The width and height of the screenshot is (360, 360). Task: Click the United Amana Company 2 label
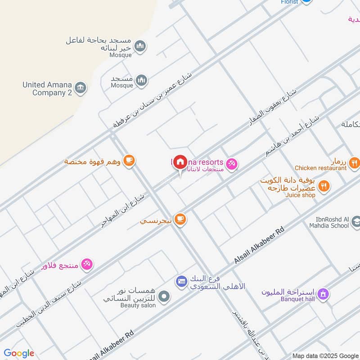pos(47,89)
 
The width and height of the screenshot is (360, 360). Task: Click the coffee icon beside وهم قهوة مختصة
pos(129,160)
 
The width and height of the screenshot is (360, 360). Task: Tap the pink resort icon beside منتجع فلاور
pos(87,264)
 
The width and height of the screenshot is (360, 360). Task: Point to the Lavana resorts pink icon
pos(232,163)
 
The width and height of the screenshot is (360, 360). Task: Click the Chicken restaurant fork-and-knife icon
pos(354,162)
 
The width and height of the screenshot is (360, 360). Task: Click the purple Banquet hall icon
pos(322,295)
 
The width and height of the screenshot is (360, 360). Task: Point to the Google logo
pos(19,353)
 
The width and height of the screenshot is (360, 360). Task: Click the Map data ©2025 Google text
pos(325,355)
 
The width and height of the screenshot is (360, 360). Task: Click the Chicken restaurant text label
pos(321,168)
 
